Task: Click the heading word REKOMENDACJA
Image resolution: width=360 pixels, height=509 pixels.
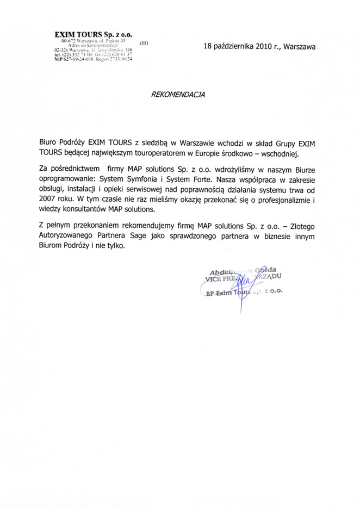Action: (179, 94)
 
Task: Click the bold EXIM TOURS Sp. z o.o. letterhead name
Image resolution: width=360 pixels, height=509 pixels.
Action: (94, 34)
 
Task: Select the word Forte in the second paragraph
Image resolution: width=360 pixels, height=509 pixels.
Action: (202, 179)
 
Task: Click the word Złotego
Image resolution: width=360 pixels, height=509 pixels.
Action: (299, 226)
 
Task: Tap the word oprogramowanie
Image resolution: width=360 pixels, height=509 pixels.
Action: (67, 179)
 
